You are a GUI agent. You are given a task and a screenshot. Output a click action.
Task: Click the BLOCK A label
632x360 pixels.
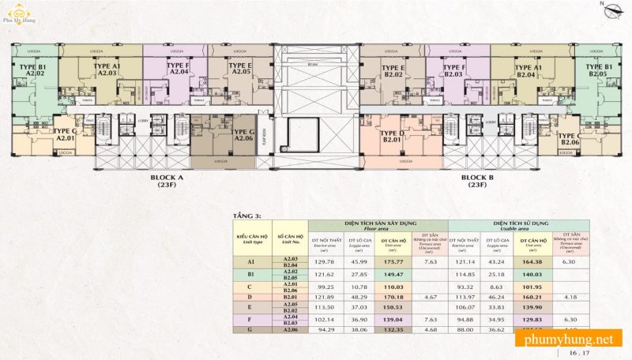[167, 182]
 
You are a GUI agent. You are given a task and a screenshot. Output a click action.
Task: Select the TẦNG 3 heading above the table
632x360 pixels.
[246, 214]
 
